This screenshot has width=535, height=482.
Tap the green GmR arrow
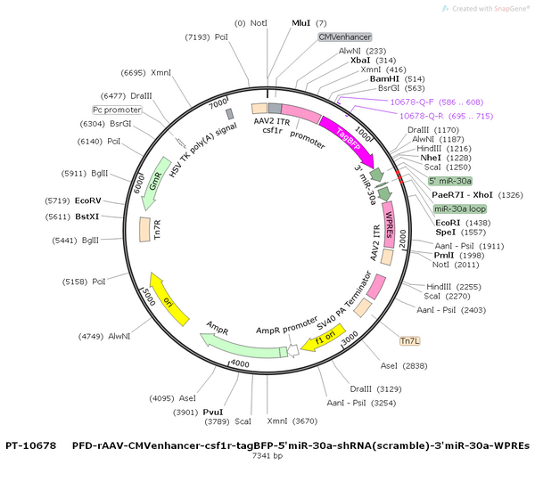click(155, 184)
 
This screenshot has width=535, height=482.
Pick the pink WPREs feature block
click(388, 225)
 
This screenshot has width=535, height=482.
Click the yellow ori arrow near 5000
click(168, 300)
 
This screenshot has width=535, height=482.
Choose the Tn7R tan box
click(144, 229)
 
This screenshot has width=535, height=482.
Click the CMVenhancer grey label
click(344, 37)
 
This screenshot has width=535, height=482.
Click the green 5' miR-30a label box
click(450, 181)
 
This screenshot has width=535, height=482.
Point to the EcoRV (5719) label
click(73, 200)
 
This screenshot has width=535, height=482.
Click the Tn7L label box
click(410, 341)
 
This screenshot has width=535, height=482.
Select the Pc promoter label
click(117, 110)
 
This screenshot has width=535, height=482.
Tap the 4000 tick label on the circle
click(240, 364)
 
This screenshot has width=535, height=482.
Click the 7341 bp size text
click(267, 455)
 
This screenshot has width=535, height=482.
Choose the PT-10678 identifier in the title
click(30, 445)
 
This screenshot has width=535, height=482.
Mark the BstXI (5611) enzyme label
click(72, 216)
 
